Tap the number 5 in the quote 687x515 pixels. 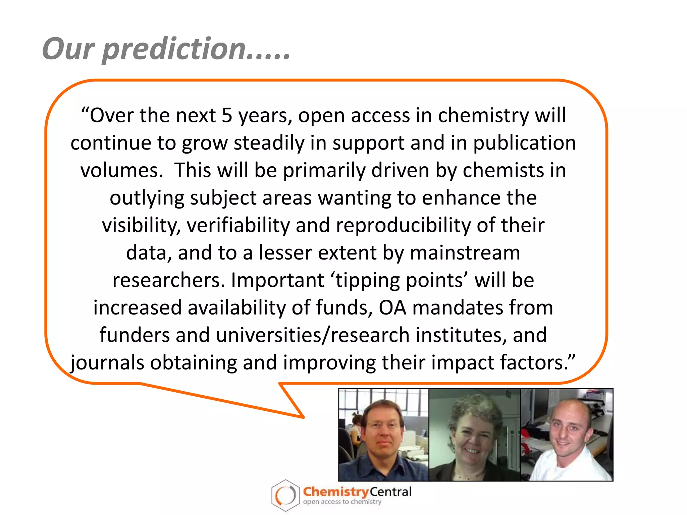pos(227,115)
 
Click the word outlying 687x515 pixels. pos(147,198)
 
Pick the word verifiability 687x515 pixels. pos(238,225)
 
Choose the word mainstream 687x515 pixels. pos(465,252)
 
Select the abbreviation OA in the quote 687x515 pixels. pos(392,307)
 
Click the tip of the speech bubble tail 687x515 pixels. pos(303,417)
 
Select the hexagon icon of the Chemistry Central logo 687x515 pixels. pos(285,495)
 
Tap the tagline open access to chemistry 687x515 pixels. pos(342,502)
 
